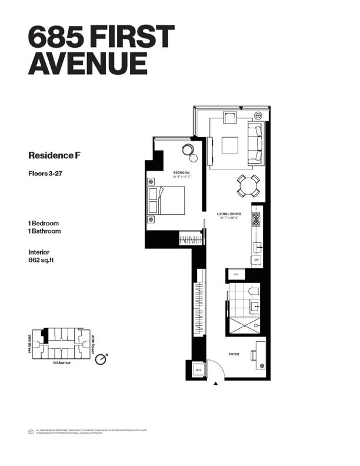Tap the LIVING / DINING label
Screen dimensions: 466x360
229,215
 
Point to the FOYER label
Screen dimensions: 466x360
234,355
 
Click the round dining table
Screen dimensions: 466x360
247,187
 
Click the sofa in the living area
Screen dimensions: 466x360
256,142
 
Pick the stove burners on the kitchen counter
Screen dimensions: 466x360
256,219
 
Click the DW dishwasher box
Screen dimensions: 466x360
256,259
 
